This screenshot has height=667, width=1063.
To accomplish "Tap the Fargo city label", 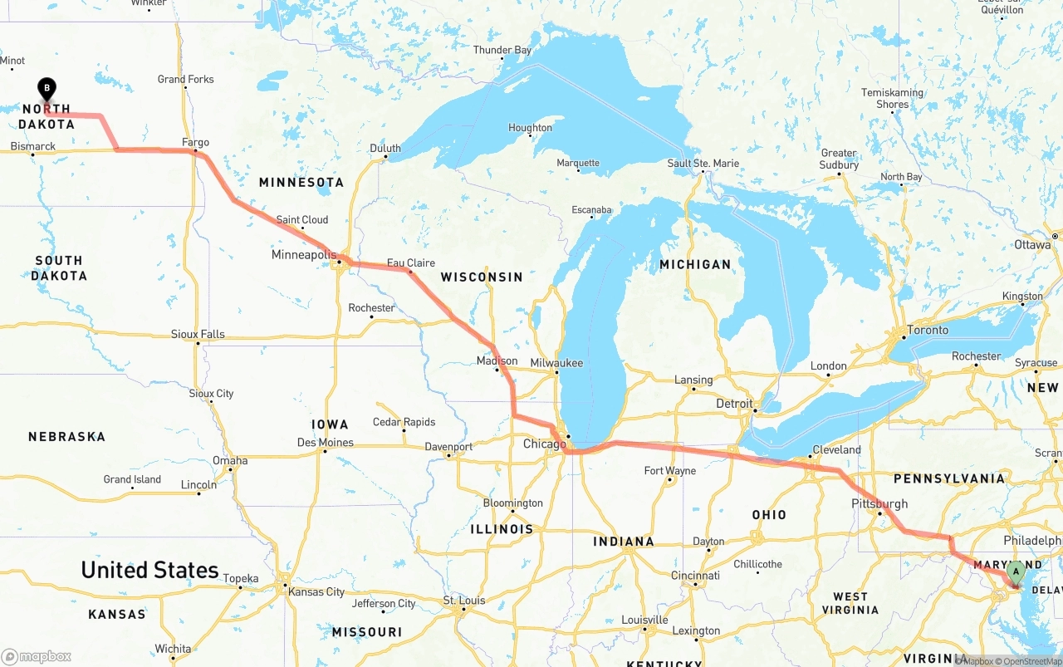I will [195, 142].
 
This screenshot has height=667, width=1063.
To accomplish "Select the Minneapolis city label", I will [304, 254].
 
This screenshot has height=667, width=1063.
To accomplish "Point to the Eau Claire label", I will [410, 262].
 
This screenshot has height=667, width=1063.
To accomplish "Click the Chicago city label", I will [544, 444].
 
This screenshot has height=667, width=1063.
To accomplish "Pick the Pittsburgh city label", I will [879, 503].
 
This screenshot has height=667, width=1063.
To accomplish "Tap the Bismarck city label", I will [33, 146].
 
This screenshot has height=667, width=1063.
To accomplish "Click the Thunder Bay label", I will [502, 50].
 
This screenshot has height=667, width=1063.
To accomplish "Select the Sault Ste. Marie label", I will [703, 163].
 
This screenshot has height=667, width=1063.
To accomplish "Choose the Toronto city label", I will [928, 330].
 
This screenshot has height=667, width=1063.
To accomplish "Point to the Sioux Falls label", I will [198, 334].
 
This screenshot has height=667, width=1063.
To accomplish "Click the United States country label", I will [149, 570].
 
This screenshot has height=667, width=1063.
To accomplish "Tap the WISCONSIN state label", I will [482, 277].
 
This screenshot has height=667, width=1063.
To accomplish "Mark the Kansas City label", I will [316, 591].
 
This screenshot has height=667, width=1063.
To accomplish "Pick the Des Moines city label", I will [326, 442].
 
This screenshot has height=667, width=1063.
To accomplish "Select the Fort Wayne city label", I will [670, 470].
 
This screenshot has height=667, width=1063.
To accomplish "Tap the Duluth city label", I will [385, 148].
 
